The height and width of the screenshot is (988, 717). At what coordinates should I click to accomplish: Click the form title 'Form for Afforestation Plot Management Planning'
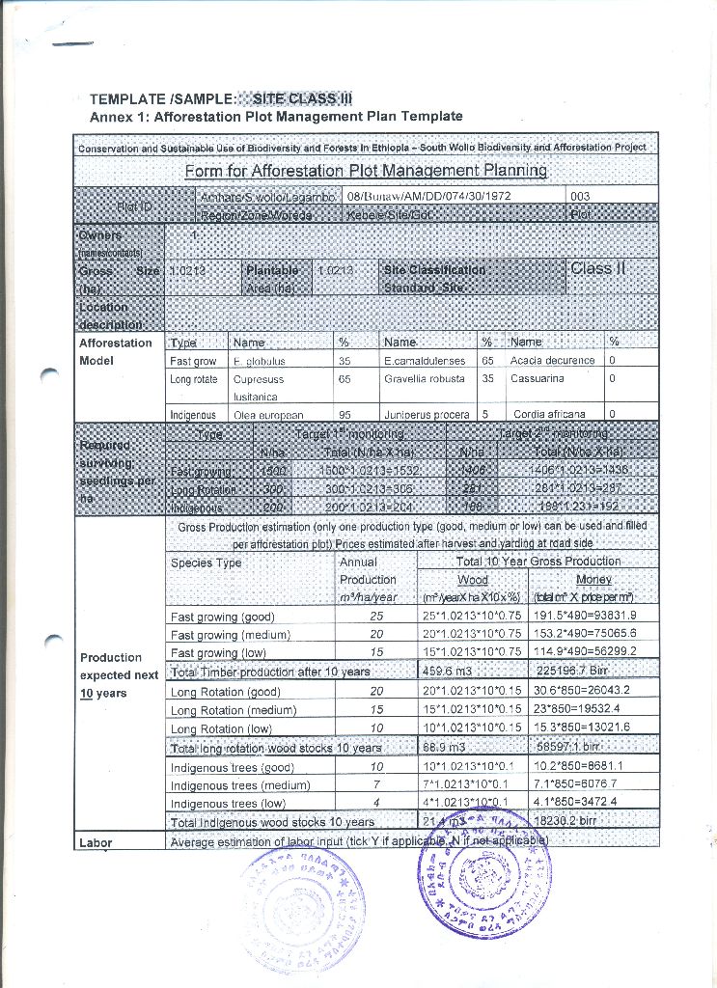(x=366, y=171)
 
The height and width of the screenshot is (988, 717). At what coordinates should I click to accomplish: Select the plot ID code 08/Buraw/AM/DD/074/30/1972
(x=428, y=196)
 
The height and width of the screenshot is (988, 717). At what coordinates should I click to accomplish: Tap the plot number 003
(x=581, y=196)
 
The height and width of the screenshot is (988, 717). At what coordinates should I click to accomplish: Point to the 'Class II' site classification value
(x=598, y=268)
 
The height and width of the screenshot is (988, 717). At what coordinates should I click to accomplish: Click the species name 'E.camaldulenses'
(x=425, y=361)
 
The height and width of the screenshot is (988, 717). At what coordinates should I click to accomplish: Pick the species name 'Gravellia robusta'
(x=425, y=379)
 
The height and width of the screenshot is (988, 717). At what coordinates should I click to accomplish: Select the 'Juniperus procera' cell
(x=427, y=415)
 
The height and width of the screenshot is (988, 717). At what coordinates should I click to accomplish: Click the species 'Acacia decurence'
(x=553, y=361)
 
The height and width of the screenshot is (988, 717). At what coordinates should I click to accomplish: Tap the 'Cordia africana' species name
(x=550, y=415)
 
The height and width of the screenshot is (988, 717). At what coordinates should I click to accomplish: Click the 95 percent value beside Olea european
(x=345, y=415)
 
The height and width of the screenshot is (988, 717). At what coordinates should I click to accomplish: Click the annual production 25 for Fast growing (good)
(x=376, y=617)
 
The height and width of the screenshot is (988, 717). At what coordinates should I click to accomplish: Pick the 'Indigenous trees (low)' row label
(x=228, y=804)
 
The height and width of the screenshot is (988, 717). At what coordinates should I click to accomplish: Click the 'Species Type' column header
(x=206, y=563)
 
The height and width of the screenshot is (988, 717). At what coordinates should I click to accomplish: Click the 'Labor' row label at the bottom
(x=96, y=843)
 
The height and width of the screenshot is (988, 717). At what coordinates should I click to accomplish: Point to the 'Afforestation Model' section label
(x=116, y=351)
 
